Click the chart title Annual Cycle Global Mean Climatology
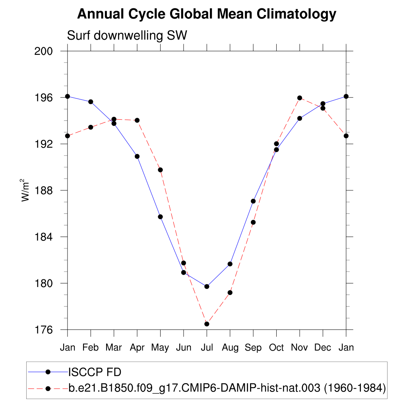pos(207,14)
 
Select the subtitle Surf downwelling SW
pos(127,36)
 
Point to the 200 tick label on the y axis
pos(45,51)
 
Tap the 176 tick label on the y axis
pos(45,330)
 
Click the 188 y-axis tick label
pos(45,190)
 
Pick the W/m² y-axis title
pos(25,190)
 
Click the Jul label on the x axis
pos(207,348)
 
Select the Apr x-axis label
pos(137,348)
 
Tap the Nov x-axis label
pos(300,348)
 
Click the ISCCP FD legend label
pos(95,372)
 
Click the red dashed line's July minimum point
pos(207,324)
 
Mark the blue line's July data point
pos(207,287)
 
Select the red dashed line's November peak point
pos(300,98)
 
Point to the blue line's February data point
pos(91,102)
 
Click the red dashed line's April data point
pos(137,120)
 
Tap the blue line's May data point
pos(160,217)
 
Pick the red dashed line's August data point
pos(230,293)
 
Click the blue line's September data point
pos(253,201)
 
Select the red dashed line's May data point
pos(160,170)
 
